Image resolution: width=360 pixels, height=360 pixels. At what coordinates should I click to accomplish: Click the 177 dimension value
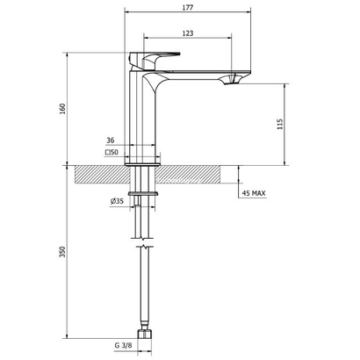pyautogui.click(x=188, y=6)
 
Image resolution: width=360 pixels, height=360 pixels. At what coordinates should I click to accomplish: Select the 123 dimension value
pyautogui.click(x=186, y=32)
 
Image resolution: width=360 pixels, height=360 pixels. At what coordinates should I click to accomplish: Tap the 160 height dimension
pyautogui.click(x=61, y=109)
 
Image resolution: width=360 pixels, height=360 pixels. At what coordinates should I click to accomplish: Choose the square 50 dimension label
pyautogui.click(x=112, y=153)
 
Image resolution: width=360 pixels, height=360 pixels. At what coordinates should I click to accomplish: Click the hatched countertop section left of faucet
pyautogui.click(x=101, y=174)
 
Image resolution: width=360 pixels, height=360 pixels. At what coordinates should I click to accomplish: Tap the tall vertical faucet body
pyautogui.click(x=143, y=119)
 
